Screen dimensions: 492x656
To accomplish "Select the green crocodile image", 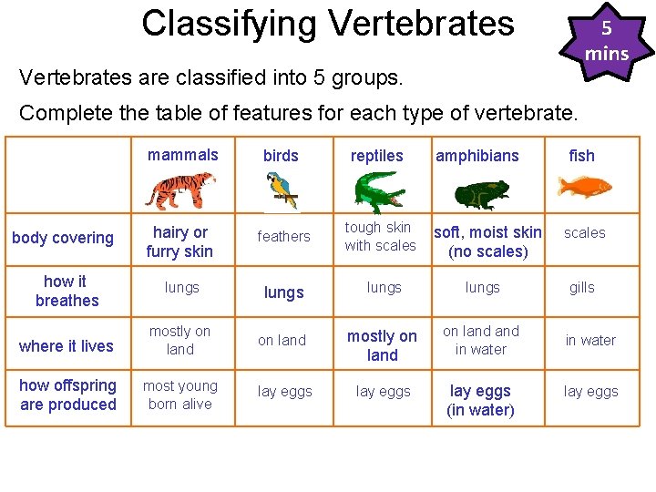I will (379, 191).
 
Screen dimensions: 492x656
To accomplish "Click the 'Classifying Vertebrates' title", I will (328, 23).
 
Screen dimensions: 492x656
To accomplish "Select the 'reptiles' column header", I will (376, 156).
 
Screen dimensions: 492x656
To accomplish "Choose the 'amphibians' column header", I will (477, 156).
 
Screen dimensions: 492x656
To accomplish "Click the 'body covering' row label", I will (63, 238).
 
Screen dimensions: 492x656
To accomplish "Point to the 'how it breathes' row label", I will (66, 291).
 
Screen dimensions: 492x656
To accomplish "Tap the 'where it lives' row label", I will (67, 345).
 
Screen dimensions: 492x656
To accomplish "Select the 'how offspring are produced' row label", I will (68, 395).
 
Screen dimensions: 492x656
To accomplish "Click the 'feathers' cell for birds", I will (283, 237).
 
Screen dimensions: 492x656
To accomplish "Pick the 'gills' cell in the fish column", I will (581, 287).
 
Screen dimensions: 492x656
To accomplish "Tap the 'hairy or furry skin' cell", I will (179, 241).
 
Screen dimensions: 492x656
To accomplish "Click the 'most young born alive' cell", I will (179, 395).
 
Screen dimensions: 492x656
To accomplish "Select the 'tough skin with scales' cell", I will (380, 236).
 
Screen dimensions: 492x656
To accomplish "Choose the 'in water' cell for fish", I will (590, 340).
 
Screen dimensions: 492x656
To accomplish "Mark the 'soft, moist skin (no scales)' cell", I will (487, 241).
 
